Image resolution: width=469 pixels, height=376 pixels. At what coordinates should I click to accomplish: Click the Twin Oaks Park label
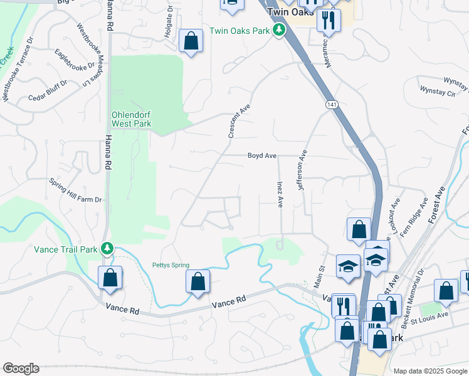coord(240,31)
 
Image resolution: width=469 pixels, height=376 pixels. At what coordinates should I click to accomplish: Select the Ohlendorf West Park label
coord(132,119)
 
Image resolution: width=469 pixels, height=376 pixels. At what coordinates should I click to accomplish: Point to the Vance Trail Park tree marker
coord(108,249)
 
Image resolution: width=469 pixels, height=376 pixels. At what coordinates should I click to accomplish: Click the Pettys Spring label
coord(171,265)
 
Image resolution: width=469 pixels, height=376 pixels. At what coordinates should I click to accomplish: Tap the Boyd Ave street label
coord(262,155)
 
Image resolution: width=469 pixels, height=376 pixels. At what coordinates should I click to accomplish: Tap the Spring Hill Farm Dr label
coord(75,190)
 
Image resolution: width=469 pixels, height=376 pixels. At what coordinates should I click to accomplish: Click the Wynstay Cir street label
coord(437,91)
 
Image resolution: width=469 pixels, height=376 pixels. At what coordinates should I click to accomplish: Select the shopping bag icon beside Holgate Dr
coord(191,41)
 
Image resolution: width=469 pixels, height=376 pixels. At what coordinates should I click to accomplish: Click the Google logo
coord(21,368)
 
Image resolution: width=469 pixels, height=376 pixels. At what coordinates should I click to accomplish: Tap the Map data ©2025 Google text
coord(429,370)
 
